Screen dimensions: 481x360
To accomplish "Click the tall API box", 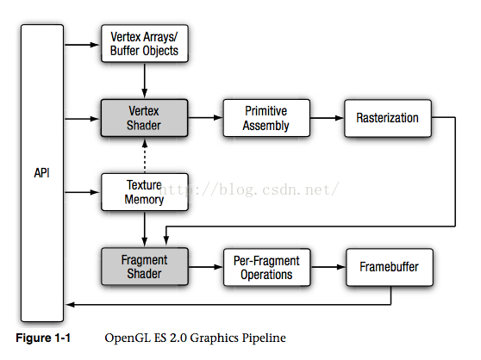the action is [x=42, y=173].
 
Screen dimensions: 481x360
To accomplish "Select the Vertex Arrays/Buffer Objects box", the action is [x=145, y=44].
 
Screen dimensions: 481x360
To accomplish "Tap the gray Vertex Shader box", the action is [x=144, y=118].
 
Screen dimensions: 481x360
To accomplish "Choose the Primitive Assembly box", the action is [x=266, y=118].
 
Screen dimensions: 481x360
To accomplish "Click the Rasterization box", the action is [x=388, y=118].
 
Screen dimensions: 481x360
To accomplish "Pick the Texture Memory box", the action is [x=145, y=192].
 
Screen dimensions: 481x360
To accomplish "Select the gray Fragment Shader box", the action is [x=145, y=266].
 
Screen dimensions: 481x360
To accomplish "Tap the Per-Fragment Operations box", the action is [x=266, y=267].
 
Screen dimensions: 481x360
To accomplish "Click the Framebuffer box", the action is [x=390, y=267].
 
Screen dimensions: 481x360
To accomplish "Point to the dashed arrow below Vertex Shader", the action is [x=145, y=156].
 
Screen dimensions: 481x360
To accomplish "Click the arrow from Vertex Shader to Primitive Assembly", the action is [x=205, y=117].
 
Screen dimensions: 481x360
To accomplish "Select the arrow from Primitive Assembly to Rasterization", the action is [x=327, y=118].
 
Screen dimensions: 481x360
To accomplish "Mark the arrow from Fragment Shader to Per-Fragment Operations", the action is [x=206, y=267].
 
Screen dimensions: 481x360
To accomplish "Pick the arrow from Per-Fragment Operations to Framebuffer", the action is [x=328, y=267].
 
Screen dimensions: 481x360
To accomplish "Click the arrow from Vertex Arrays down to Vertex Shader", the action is [x=145, y=81].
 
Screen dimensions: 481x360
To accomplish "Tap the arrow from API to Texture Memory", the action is [x=82, y=192].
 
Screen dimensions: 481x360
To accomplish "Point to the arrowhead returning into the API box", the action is [x=70, y=305].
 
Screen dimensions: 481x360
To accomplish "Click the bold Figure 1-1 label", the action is [x=43, y=338].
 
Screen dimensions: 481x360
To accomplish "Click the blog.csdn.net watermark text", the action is [x=249, y=189].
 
